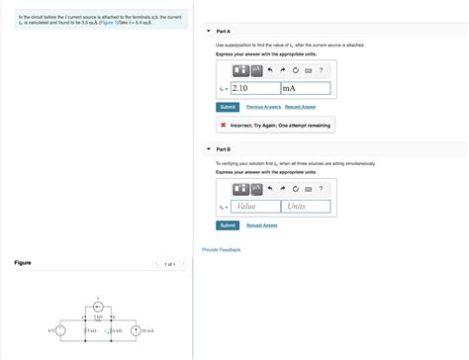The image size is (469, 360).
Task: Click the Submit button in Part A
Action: pyautogui.click(x=228, y=106)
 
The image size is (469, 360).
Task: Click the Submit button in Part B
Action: pyautogui.click(x=228, y=225)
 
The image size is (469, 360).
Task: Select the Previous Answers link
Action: pyautogui.click(x=263, y=106)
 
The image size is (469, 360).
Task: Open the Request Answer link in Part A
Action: pyautogui.click(x=301, y=106)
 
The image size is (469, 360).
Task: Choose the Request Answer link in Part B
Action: pyautogui.click(x=262, y=225)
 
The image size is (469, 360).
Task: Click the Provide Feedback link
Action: pyautogui.click(x=221, y=249)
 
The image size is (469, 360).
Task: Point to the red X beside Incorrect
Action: pyautogui.click(x=224, y=125)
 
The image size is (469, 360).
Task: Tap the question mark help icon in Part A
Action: pyautogui.click(x=321, y=70)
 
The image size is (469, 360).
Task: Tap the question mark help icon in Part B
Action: pyautogui.click(x=321, y=188)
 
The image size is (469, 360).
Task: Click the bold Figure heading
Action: pyautogui.click(x=22, y=263)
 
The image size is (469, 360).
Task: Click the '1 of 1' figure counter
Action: pyautogui.click(x=169, y=264)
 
